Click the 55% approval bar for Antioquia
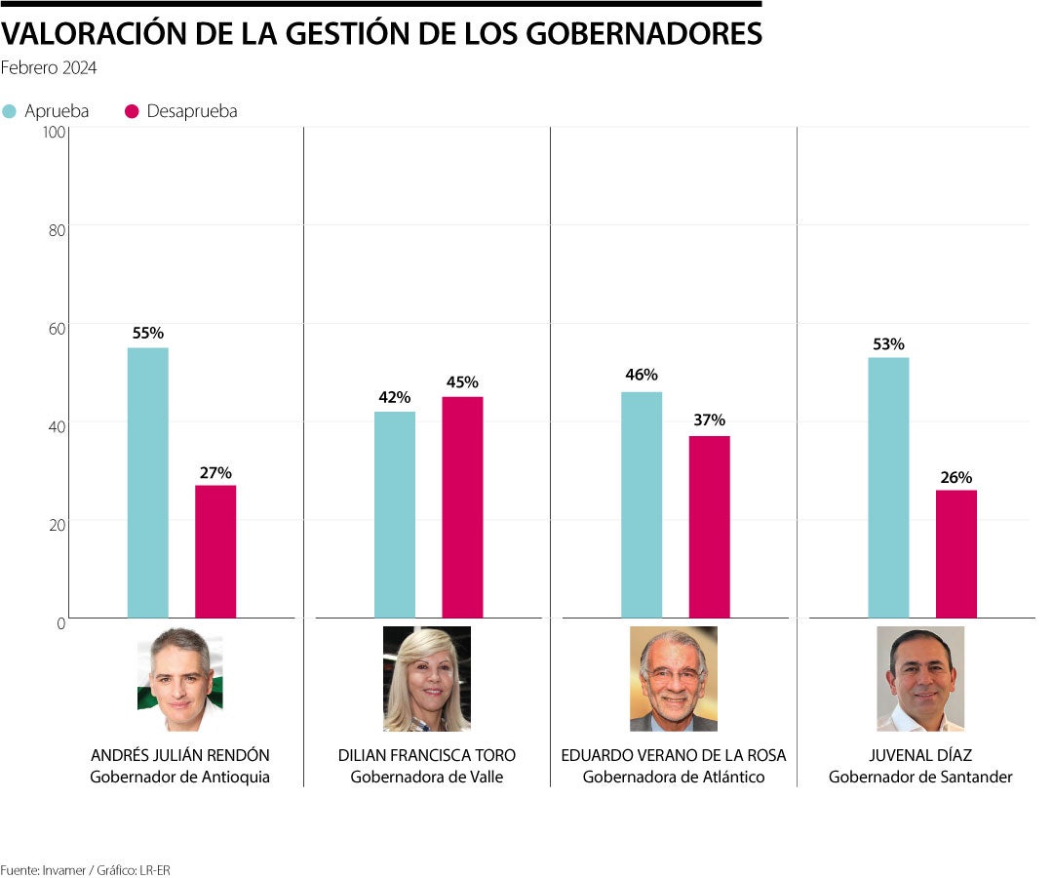click(147, 482)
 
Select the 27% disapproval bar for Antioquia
click(215, 551)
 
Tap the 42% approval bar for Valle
click(394, 514)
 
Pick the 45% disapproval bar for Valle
click(462, 506)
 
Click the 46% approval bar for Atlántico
click(641, 504)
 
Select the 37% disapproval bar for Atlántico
click(709, 526)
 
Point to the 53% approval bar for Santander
click(887, 487)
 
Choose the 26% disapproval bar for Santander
click(955, 553)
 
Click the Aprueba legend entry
click(46, 111)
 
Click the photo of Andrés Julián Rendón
click(180, 679)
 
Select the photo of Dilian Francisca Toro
click(426, 679)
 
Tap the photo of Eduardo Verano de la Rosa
click(673, 679)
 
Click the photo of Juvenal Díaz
click(919, 679)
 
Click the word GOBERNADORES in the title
click(643, 34)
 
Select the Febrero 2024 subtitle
click(49, 68)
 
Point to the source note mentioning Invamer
click(78, 869)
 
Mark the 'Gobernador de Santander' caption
click(919, 778)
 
